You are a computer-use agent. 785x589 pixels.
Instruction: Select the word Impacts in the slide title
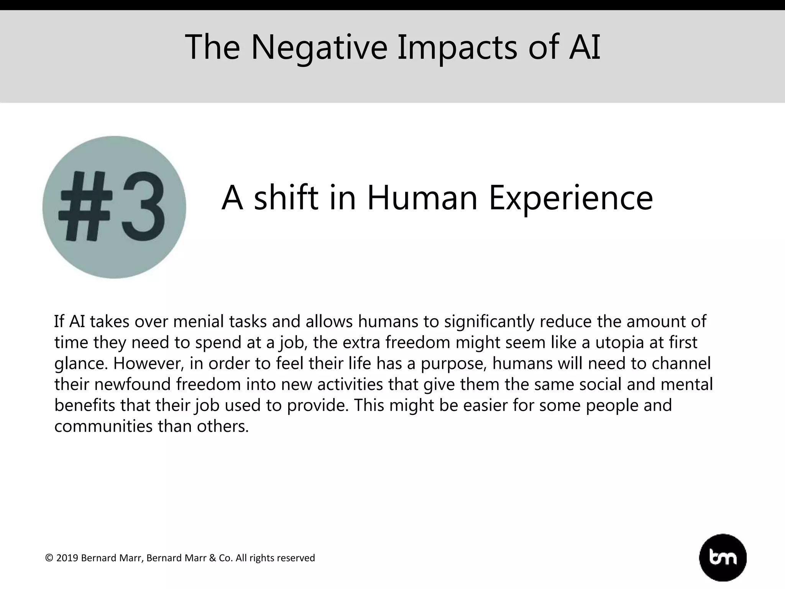[x=457, y=47]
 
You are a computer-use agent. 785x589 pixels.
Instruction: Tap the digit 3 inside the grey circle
[x=143, y=207]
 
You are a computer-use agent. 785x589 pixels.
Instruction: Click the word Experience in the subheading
[x=571, y=198]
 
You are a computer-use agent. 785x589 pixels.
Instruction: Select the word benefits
[x=85, y=406]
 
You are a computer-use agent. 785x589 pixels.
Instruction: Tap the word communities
[x=103, y=426]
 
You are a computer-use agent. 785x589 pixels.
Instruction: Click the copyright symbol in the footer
[x=49, y=558]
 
